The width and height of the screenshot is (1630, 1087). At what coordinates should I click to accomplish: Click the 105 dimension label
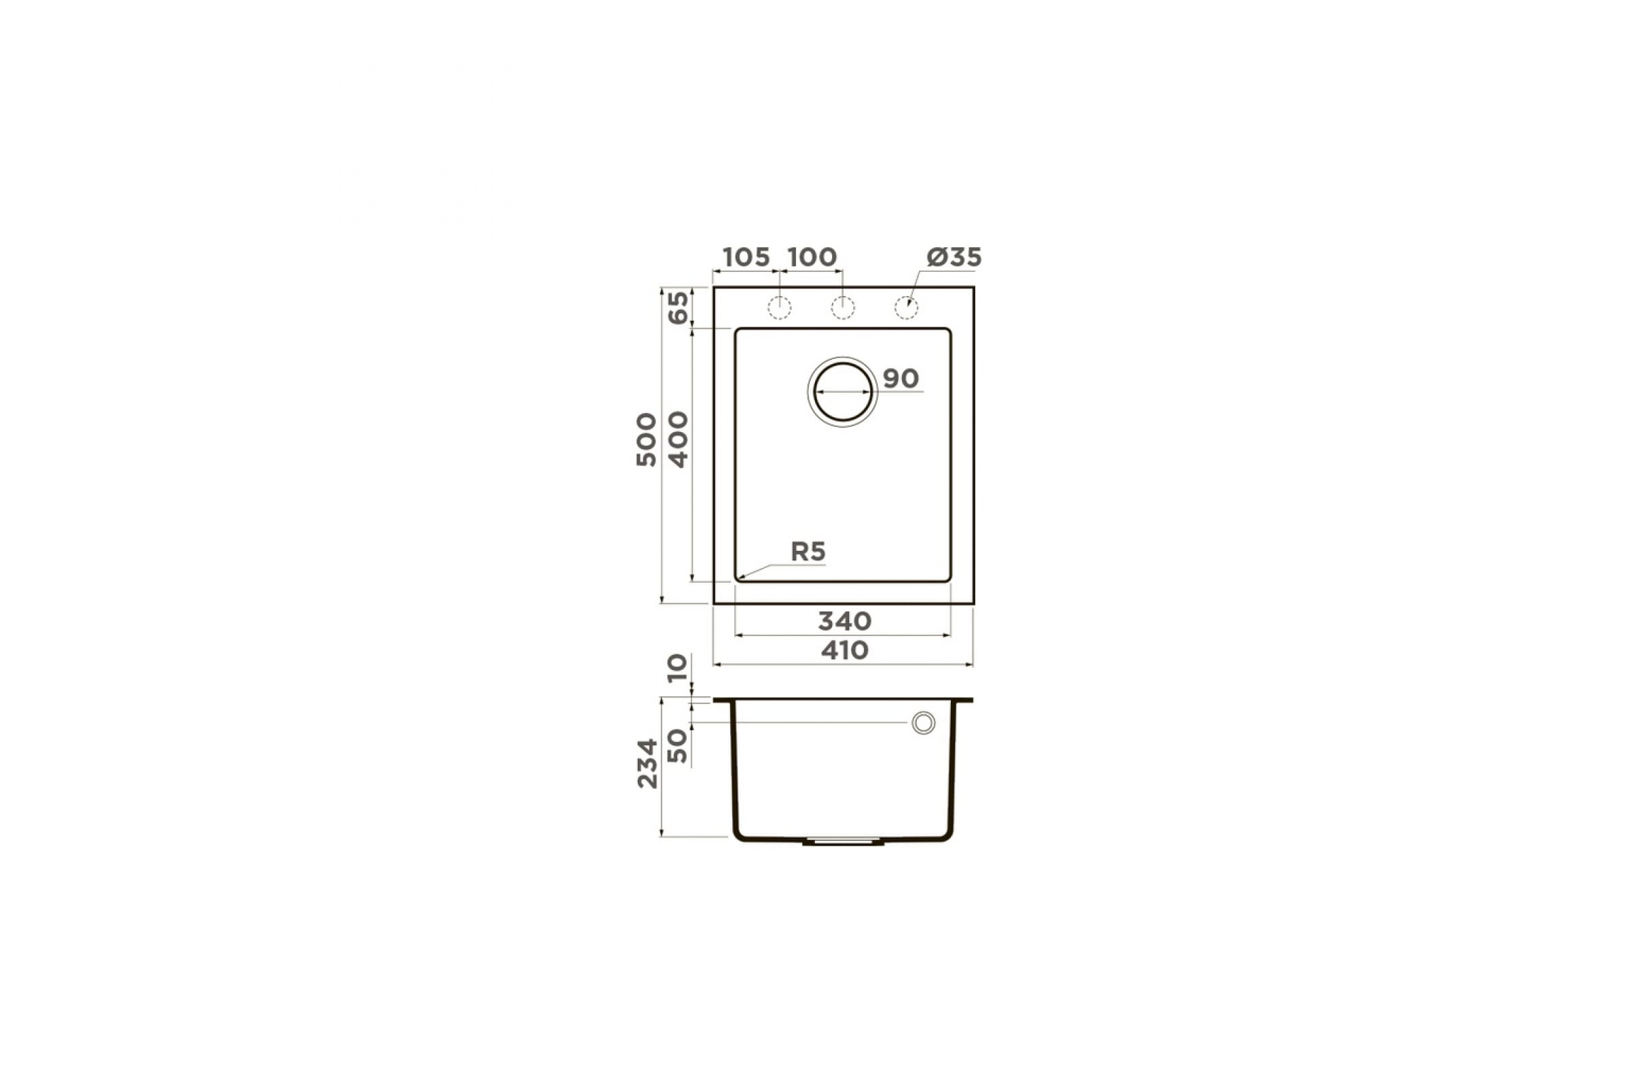coord(746,257)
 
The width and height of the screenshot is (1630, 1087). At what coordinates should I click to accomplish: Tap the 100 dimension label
coord(812,257)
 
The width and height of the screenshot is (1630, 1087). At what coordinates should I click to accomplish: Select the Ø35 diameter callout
coord(954,257)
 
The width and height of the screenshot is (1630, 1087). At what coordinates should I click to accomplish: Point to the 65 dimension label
coord(678,307)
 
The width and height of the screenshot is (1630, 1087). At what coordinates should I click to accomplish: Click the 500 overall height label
coord(647,440)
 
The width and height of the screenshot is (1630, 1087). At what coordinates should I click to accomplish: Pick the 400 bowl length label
coord(678,440)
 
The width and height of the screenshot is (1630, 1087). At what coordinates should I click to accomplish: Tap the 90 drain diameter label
coord(901,378)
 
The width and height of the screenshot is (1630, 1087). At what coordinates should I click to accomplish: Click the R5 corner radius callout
coord(808,552)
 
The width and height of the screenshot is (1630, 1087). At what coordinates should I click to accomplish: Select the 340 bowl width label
coord(844,621)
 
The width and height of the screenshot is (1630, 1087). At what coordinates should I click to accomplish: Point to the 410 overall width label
coord(844,650)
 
